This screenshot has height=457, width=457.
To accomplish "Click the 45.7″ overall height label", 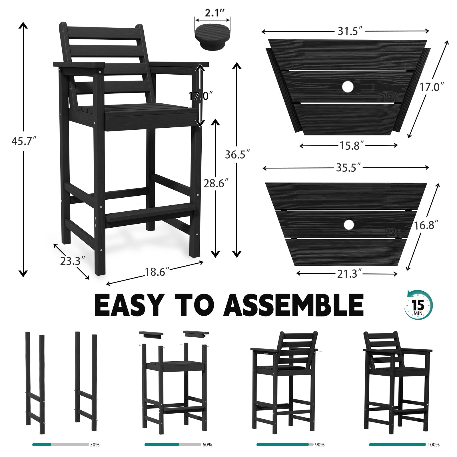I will click(24, 141).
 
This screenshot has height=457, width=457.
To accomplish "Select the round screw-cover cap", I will click(212, 37).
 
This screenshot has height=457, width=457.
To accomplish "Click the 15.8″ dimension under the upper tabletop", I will click(351, 146).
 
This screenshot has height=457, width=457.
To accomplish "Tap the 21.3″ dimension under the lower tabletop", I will click(349, 274).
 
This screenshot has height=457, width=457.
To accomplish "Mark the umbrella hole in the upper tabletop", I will click(348, 87).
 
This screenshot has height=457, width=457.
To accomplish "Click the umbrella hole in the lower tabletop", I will click(348, 225).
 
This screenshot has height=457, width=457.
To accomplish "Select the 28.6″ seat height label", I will click(216, 183).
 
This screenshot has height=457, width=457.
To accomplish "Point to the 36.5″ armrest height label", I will click(237, 155).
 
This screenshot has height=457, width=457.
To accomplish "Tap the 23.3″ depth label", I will click(72, 261).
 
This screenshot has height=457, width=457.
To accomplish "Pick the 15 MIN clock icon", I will click(418, 305).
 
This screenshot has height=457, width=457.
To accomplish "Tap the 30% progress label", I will click(95, 445).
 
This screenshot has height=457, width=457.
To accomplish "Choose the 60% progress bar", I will click(173, 444).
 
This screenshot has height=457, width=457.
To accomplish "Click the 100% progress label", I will click(434, 445).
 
